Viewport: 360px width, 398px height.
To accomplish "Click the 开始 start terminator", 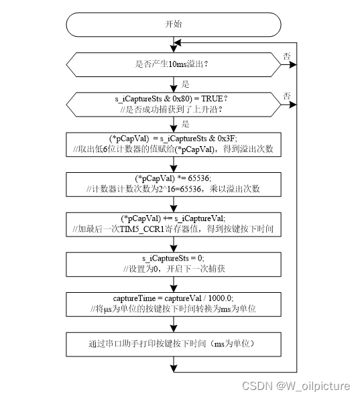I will tap(173, 23).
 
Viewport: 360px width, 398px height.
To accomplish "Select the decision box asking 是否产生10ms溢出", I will tap(173, 64).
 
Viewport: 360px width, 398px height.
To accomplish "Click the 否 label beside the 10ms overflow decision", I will tap(287, 56).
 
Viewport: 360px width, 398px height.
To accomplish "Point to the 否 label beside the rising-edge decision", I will tap(287, 96).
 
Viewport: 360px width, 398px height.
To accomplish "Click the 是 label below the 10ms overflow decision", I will tap(185, 84).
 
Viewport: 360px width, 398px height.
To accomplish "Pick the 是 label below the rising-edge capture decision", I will tap(185, 124).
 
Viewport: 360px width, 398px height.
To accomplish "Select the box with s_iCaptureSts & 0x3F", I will tap(173, 143).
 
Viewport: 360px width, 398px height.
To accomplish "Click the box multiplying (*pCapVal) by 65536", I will tap(173, 184).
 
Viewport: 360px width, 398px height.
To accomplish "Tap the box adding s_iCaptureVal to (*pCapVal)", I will tap(173, 224).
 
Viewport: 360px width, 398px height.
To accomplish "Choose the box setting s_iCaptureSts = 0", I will tap(173, 263).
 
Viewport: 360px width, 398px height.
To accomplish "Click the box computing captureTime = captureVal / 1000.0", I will tap(173, 304).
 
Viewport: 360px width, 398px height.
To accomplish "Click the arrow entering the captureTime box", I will tap(173, 284).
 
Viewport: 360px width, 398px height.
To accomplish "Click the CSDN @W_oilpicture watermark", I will tap(303, 386).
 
